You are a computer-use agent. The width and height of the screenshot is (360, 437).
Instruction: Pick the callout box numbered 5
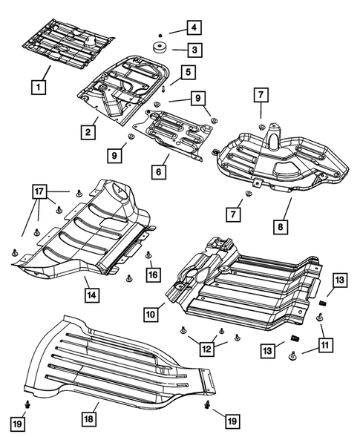(x=188, y=72)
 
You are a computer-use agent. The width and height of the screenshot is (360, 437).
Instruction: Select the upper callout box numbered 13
(x=338, y=280)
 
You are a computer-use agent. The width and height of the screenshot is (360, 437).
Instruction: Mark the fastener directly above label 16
(x=148, y=255)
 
